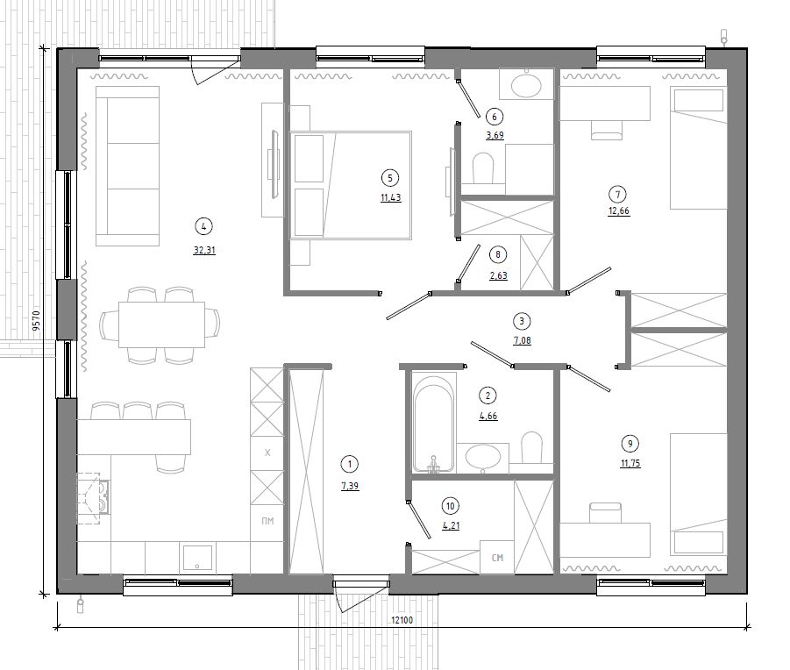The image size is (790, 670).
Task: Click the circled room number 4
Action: coord(203,226)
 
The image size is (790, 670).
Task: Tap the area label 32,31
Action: coord(204,250)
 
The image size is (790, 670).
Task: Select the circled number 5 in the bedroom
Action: coord(389,178)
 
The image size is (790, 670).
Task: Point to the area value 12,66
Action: coord(619,211)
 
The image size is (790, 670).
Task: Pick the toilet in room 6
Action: coord(482,168)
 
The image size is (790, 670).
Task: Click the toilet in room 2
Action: coord(530,447)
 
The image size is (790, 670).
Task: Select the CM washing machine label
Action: coord(497,558)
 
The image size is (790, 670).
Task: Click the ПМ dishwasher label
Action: coord(267,521)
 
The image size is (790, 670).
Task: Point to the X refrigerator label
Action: coord(267,453)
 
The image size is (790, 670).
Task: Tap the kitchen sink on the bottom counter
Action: coord(197,557)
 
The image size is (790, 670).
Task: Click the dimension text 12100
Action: coord(402,620)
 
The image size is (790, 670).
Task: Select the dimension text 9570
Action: coord(36,320)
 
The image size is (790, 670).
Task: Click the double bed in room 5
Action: coord(351,185)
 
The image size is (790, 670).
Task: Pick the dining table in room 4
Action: coord(161,324)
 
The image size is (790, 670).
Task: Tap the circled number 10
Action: coord(450,506)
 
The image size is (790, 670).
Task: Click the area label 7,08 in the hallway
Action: coord(522,340)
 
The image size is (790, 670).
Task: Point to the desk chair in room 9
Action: coord(606,512)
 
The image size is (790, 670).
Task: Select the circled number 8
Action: coord(498,254)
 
